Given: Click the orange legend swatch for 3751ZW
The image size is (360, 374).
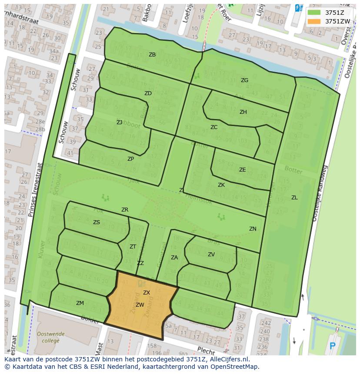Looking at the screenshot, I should [315, 21].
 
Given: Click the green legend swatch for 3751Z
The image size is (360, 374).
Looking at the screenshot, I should [315, 13].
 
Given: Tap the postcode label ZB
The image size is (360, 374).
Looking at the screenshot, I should [152, 55].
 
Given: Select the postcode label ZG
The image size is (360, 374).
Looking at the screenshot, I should [245, 80].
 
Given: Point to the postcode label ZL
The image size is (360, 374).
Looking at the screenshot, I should [294, 198].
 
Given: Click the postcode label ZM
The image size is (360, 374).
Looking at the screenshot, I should [80, 303].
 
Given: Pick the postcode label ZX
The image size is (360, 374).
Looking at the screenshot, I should [147, 293].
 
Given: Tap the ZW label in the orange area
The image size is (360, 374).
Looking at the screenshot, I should [140, 305].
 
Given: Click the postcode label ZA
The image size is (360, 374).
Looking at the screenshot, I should [174, 258].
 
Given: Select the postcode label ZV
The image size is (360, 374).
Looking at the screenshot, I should [211, 255].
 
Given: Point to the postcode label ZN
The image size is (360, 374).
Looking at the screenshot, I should [253, 229].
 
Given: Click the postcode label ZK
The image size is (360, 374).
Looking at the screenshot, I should [221, 185].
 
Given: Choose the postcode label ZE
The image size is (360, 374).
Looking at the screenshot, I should [243, 170].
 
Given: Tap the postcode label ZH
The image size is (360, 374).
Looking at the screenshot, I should [243, 112].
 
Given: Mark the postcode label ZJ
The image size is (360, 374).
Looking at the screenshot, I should [120, 122].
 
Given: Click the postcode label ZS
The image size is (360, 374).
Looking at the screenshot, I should [97, 222].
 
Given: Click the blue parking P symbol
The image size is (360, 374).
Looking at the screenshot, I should [333, 346].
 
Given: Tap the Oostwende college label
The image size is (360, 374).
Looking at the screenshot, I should [50, 337].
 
